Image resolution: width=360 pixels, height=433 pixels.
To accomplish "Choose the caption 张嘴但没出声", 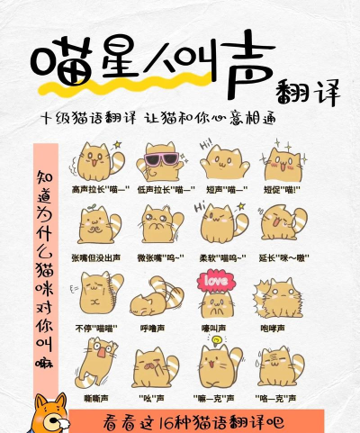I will (95, 257).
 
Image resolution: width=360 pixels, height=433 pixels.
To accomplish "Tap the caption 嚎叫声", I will (213, 327).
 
